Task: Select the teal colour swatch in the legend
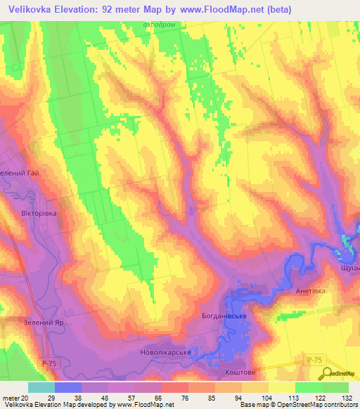(x=41, y=387)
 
